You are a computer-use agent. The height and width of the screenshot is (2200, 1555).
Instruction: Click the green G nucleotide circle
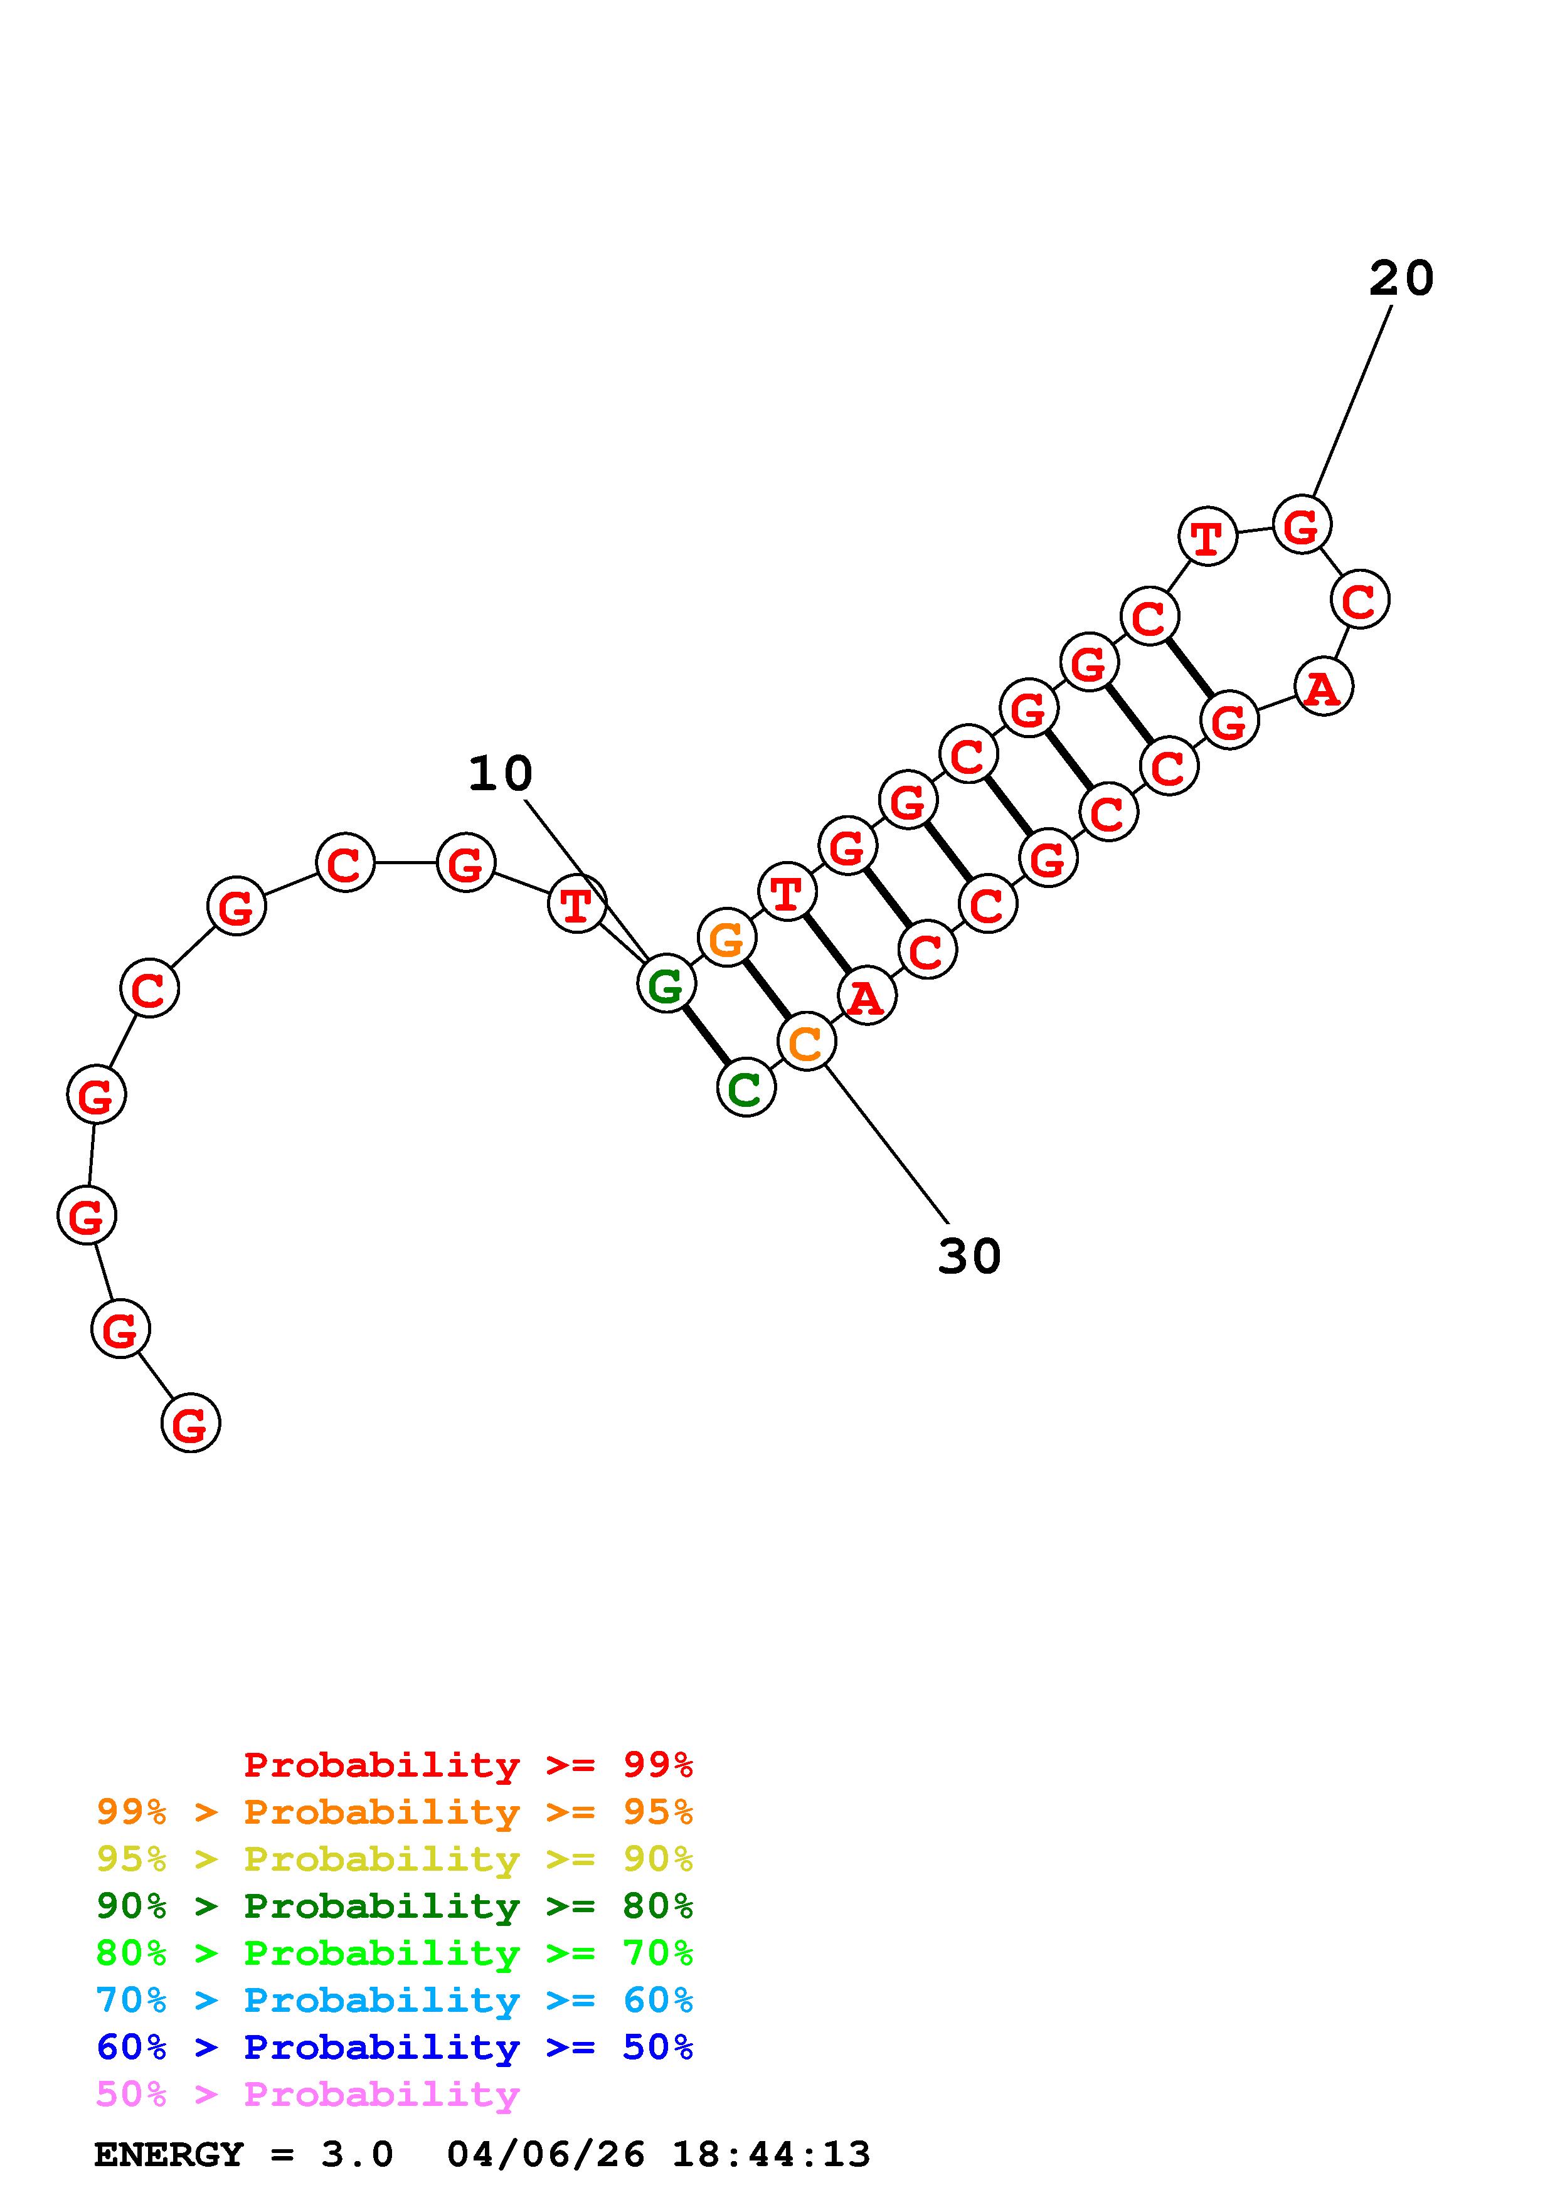click(666, 984)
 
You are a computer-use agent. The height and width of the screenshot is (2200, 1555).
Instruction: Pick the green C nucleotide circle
click(745, 1087)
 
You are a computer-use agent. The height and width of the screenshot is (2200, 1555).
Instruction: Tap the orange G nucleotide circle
click(727, 938)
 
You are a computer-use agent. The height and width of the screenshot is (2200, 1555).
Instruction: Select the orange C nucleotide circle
click(807, 1042)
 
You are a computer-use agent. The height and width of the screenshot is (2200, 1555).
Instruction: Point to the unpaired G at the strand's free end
click(191, 1423)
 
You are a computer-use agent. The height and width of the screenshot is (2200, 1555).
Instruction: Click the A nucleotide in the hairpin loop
click(1323, 686)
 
